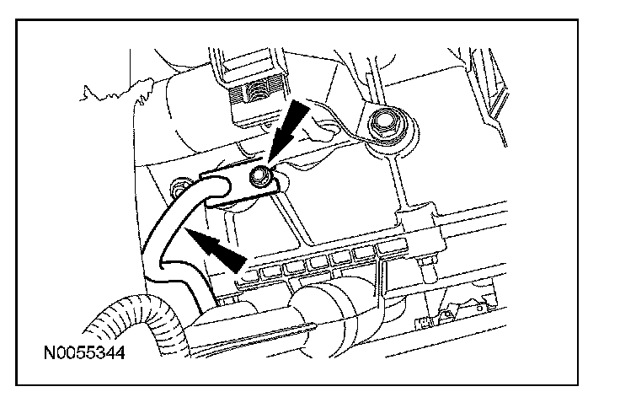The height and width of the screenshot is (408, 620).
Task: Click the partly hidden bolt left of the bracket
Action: click(179, 183)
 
